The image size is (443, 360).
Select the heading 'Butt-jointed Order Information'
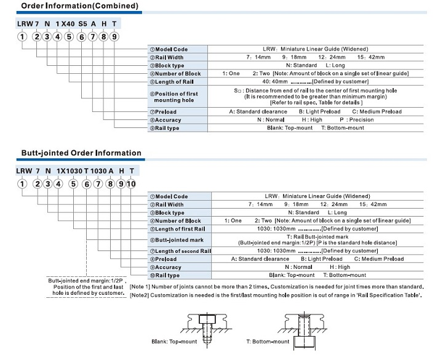tap(81, 153)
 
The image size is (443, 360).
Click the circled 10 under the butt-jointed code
tap(130, 183)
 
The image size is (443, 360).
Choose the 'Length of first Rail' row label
tap(180, 228)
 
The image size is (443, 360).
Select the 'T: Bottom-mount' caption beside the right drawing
tap(268, 341)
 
